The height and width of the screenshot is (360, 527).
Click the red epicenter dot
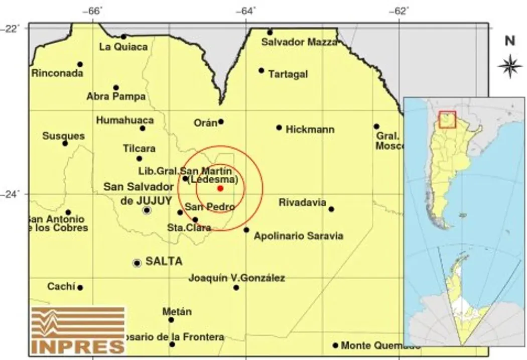(220, 188)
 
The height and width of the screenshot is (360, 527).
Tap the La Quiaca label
(123, 47)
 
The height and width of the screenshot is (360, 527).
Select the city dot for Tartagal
(261, 70)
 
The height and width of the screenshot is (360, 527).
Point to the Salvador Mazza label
(299, 43)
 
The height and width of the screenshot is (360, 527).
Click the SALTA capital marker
(137, 263)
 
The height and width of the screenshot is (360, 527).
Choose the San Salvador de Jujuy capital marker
(147, 210)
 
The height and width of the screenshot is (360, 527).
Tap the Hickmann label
(310, 130)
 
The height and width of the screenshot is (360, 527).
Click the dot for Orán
(221, 122)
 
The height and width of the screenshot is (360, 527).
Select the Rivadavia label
(303, 203)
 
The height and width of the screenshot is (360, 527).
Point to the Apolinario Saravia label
(298, 235)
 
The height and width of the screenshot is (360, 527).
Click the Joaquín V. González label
(237, 278)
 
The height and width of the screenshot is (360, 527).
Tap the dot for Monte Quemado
(335, 345)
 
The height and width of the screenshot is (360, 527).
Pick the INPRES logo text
(77, 346)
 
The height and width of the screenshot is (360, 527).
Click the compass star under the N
(509, 66)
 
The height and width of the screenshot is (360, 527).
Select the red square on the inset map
(447, 119)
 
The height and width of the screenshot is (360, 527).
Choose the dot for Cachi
(80, 288)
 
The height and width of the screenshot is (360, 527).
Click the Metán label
(177, 312)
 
